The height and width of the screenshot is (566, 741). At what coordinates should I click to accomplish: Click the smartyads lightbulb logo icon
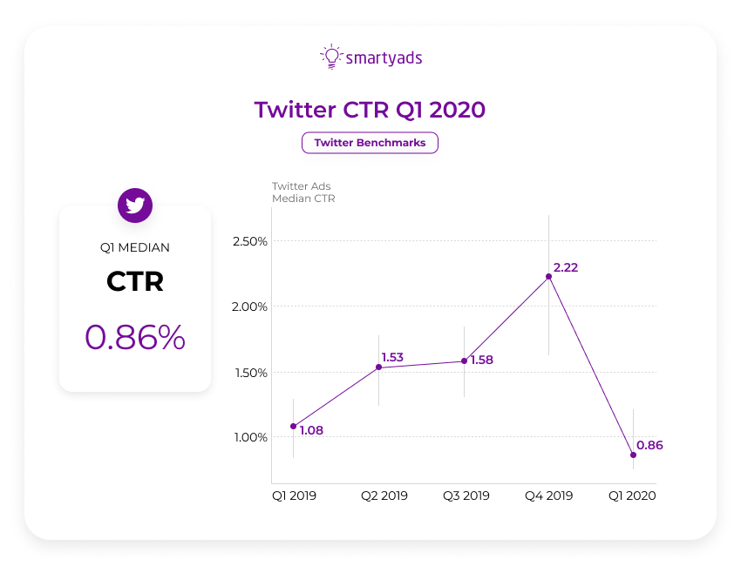[330, 57]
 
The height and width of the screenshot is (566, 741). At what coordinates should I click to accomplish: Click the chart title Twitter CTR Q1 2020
[370, 110]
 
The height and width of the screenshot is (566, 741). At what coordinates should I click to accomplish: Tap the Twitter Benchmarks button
[370, 143]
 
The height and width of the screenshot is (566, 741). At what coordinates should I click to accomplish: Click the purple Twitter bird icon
[135, 206]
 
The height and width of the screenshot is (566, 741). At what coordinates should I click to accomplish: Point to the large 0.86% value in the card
[135, 337]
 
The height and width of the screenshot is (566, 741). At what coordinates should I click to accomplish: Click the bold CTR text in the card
[135, 282]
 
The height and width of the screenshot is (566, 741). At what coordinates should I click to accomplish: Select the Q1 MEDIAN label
[135, 247]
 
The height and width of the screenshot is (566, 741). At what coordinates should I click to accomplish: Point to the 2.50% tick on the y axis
[250, 241]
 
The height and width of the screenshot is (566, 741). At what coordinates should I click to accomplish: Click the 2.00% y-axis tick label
[250, 307]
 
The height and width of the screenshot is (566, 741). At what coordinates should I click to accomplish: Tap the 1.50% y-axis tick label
[250, 373]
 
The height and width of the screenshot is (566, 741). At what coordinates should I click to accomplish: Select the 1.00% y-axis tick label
[250, 437]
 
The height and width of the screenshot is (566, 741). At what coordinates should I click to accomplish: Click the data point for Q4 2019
[548, 276]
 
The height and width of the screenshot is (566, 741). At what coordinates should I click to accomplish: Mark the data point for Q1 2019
[293, 426]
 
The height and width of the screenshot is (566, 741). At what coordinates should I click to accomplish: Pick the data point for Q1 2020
[634, 455]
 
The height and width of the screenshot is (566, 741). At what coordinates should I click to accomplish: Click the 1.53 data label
[392, 357]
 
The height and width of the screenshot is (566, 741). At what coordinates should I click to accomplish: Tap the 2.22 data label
[565, 267]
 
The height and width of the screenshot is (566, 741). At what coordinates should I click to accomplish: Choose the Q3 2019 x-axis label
[466, 495]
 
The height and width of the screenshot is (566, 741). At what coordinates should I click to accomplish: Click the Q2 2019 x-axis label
[384, 495]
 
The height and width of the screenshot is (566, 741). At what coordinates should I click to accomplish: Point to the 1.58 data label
[481, 360]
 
